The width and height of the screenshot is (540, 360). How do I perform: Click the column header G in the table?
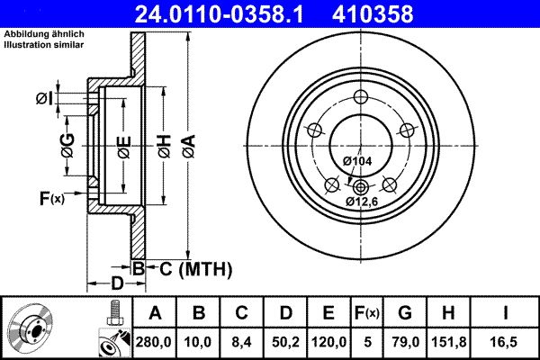405,313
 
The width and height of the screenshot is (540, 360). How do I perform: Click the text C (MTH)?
191,268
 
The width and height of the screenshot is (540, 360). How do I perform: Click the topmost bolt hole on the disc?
361,98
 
